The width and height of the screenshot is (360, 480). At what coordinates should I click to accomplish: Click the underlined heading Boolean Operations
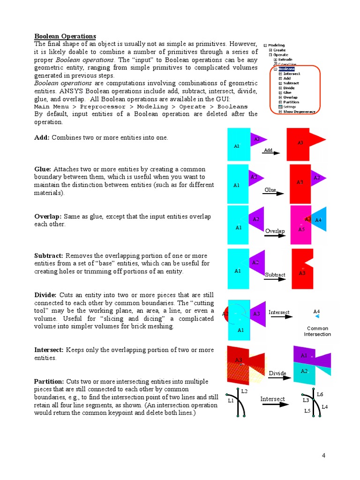click(x=65, y=36)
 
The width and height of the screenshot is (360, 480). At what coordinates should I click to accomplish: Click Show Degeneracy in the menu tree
click(x=300, y=111)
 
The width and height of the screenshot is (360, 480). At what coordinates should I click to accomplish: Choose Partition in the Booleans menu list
click(x=291, y=102)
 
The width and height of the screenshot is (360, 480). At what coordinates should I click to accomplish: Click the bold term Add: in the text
click(x=42, y=137)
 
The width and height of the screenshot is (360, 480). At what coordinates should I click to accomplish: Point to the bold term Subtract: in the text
click(x=49, y=255)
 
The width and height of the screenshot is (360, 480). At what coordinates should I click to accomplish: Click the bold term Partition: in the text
click(x=50, y=381)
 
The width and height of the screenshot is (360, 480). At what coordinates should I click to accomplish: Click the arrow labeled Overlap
click(x=275, y=235)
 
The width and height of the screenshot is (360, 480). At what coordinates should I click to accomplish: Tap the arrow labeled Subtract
click(x=275, y=278)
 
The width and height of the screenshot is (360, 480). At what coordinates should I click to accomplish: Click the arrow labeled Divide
click(x=277, y=377)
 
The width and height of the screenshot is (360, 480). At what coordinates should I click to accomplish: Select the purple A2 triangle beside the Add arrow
click(x=257, y=139)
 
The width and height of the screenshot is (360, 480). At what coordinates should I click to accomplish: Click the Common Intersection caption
click(x=317, y=331)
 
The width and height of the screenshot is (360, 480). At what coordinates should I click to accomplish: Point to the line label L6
click(x=320, y=394)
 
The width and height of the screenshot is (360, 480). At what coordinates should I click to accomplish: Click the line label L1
click(x=231, y=401)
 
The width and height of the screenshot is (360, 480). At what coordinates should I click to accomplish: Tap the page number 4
click(x=323, y=455)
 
